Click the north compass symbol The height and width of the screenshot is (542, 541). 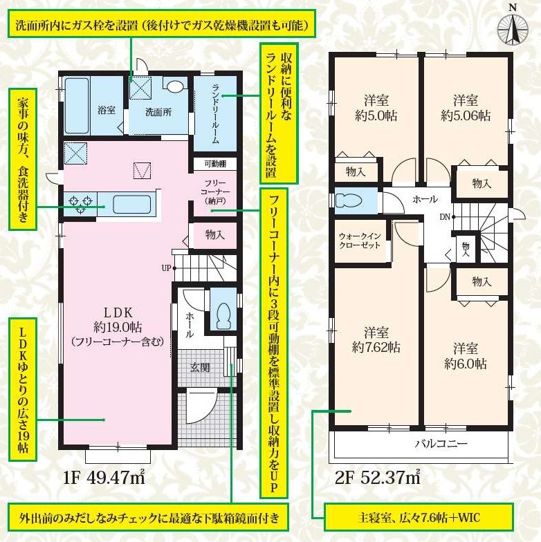pos(513,27)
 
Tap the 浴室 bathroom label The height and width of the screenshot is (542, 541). pos(107,111)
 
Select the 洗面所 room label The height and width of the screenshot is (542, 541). pos(158,112)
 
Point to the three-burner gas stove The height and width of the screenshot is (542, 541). pos(80,203)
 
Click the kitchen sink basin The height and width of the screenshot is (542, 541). pos(131,205)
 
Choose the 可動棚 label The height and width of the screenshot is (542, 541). pos(215,163)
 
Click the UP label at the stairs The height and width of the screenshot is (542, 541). pos(166,268)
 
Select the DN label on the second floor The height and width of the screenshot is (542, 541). pos(445,217)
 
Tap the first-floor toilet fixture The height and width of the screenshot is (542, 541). pos(223,316)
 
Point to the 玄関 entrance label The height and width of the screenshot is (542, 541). pos(200,368)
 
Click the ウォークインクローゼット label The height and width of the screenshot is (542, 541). pos(360,241)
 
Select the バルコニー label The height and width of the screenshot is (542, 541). pos(441,443)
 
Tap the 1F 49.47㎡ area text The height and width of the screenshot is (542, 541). pos(104,478)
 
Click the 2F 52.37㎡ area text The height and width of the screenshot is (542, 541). pos(378,478)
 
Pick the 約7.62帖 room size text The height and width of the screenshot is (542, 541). pos(376,347)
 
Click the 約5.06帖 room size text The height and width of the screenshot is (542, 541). pos(466,116)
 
